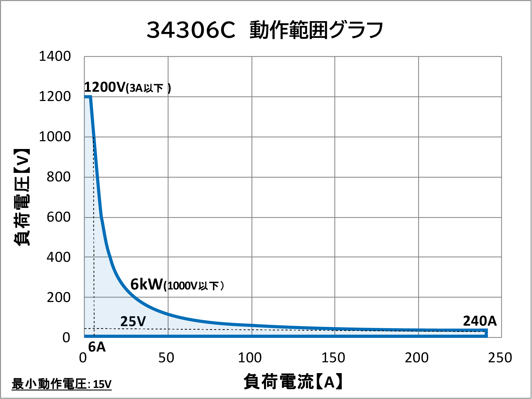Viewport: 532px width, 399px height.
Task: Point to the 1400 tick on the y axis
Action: [55, 56]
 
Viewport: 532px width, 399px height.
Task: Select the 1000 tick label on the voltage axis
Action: [55, 137]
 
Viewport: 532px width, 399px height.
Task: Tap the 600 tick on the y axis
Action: [59, 217]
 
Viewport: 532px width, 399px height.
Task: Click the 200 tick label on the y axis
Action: [59, 298]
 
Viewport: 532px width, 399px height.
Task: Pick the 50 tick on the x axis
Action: [166, 358]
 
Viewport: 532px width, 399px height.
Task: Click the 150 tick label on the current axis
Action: [333, 358]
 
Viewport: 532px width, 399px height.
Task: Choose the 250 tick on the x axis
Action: [500, 358]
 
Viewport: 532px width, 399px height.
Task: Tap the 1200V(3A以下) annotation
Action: [127, 87]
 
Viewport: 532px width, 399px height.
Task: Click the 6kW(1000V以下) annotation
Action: [177, 285]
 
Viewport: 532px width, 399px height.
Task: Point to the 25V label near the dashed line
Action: [133, 321]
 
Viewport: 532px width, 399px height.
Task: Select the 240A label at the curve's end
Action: [480, 321]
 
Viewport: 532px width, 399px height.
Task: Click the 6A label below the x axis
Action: [97, 347]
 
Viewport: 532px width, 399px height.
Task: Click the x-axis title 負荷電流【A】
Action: [293, 381]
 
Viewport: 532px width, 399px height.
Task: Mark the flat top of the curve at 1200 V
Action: [87, 97]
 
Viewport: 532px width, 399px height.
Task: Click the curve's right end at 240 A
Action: [486, 333]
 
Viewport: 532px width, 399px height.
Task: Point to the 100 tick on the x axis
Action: [250, 358]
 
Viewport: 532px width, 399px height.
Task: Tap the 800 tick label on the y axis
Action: [59, 177]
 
